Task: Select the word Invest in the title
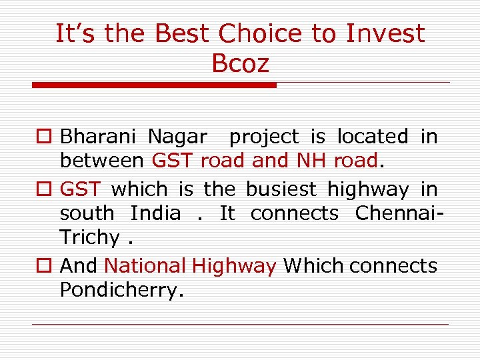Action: [x=385, y=33]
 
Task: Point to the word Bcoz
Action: [x=240, y=64]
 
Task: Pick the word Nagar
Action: [x=177, y=137]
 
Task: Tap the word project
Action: [x=264, y=137]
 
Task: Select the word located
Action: [x=372, y=137]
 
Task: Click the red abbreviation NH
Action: [x=311, y=161]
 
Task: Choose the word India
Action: [x=155, y=213]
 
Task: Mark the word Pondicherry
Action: [x=119, y=290]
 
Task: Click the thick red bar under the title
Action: [x=154, y=85]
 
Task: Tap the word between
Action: [x=101, y=161]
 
